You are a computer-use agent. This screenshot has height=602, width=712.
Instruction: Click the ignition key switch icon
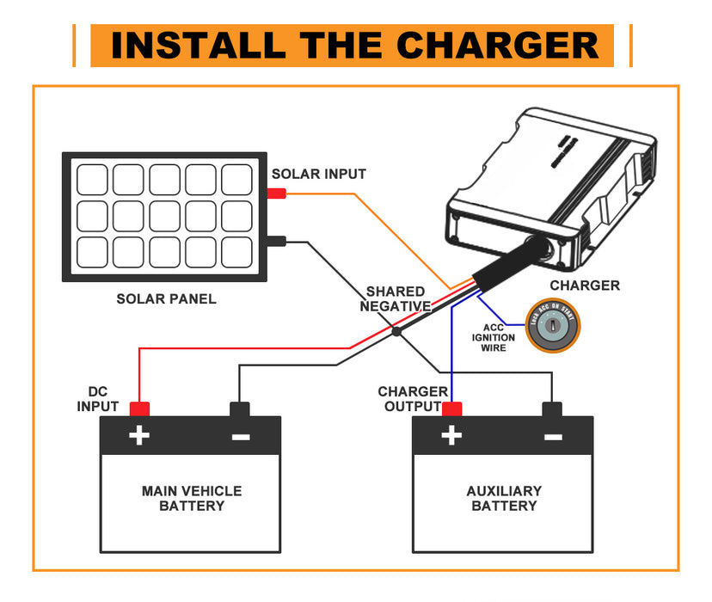pyautogui.click(x=552, y=329)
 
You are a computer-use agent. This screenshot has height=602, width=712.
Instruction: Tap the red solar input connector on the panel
pyautogui.click(x=276, y=193)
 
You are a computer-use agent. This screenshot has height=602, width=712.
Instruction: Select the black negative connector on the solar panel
pyautogui.click(x=276, y=243)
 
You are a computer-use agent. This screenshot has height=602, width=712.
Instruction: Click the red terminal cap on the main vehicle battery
pyautogui.click(x=139, y=408)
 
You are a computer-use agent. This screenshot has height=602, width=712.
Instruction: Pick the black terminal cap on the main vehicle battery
pyautogui.click(x=240, y=408)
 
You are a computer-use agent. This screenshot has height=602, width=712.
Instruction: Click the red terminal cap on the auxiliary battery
pyautogui.click(x=451, y=408)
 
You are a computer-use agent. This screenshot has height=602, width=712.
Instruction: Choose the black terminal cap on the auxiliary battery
pyautogui.click(x=552, y=408)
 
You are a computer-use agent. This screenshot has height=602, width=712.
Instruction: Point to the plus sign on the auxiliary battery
pyautogui.click(x=451, y=437)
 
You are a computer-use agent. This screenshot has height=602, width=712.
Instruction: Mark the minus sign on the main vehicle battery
pyautogui.click(x=241, y=437)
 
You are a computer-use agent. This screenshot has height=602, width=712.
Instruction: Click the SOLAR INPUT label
pyautogui.click(x=319, y=174)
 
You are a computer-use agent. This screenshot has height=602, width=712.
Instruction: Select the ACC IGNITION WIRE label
pyautogui.click(x=494, y=337)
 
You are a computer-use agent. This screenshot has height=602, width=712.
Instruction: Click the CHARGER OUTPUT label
pyautogui.click(x=413, y=399)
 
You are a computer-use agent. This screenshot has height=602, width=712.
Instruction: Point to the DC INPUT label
pyautogui.click(x=98, y=399)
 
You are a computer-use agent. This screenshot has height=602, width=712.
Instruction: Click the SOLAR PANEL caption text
pyautogui.click(x=166, y=299)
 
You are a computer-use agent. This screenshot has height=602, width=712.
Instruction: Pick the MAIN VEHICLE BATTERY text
pyautogui.click(x=192, y=498)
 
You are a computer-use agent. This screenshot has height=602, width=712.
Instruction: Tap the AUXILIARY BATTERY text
pyautogui.click(x=504, y=498)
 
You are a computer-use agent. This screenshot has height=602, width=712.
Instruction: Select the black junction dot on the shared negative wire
pyautogui.click(x=396, y=331)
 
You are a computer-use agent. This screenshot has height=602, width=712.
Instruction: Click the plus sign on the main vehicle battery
pyautogui.click(x=139, y=437)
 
